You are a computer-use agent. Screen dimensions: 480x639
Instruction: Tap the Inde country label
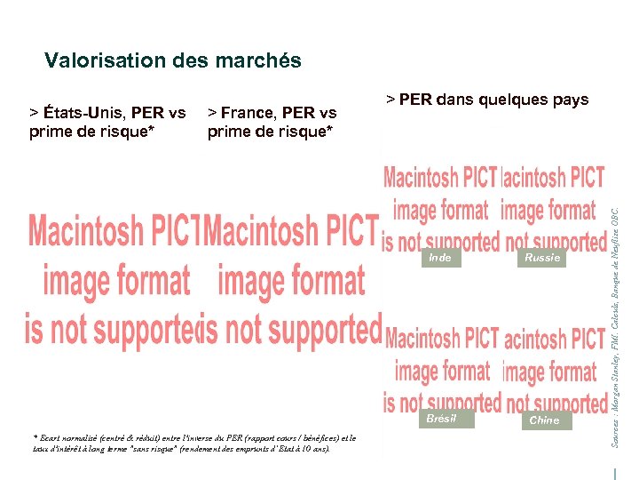point(439,258)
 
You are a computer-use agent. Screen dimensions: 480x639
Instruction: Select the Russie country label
point(542,258)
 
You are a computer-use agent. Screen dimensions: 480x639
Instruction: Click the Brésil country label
point(441,419)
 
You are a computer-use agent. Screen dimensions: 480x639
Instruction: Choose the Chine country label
point(544,420)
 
